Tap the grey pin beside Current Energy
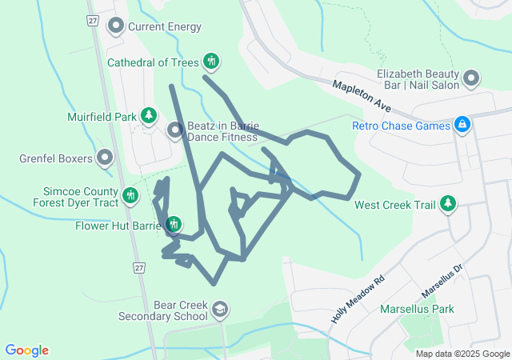pyautogui.click(x=116, y=27)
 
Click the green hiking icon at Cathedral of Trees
pyautogui.click(x=211, y=61)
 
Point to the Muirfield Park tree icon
pyautogui.click(x=149, y=117)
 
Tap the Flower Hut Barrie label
pyautogui.click(x=118, y=226)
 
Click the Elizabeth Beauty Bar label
pyautogui.click(x=416, y=78)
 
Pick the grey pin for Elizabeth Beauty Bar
pyautogui.click(x=472, y=78)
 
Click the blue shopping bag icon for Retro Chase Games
pyautogui.click(x=462, y=126)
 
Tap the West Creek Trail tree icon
pyautogui.click(x=449, y=205)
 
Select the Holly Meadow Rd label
pyautogui.click(x=358, y=299)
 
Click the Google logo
pyautogui.click(x=27, y=350)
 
